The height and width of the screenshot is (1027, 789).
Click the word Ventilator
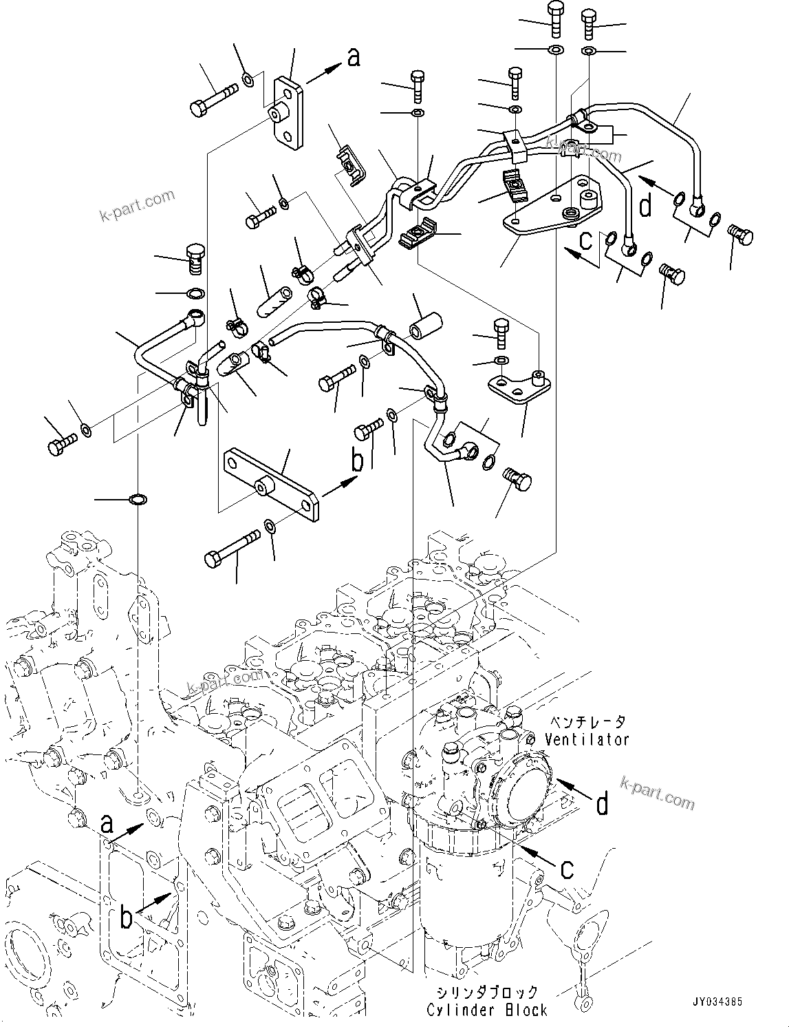[x=587, y=739]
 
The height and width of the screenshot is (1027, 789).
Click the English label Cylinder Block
[x=487, y=1010]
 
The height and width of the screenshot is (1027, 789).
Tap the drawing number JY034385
[x=718, y=1003]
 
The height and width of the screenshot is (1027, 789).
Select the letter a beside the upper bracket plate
[x=353, y=59]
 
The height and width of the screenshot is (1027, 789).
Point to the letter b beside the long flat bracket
[x=356, y=460]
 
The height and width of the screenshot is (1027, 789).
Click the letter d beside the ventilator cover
[x=602, y=803]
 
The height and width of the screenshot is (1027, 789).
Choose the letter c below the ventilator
[x=566, y=869]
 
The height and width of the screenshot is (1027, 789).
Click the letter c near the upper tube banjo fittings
[x=586, y=240]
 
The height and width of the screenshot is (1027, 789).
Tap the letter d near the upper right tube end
[x=645, y=205]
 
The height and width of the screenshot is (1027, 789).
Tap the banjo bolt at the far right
[x=739, y=235]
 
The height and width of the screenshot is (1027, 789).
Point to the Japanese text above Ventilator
[x=587, y=721]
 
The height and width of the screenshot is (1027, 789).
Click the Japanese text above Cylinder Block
[x=487, y=993]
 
